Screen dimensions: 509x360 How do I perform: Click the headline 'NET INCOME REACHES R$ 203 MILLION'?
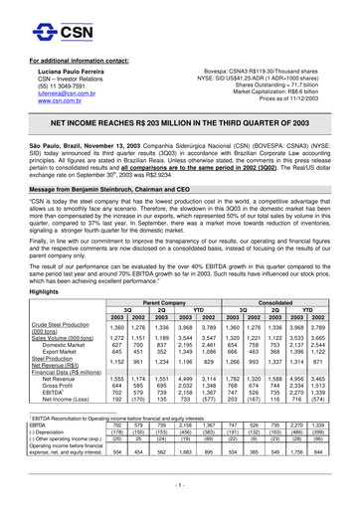180,118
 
